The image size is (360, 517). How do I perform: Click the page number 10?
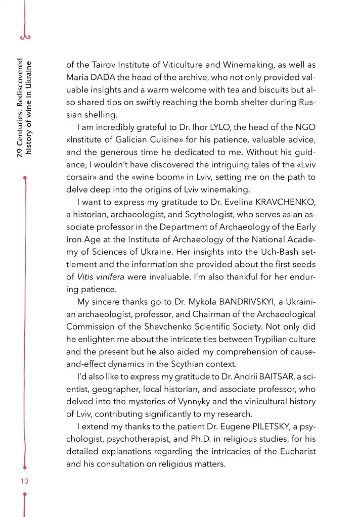coord(24,481)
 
